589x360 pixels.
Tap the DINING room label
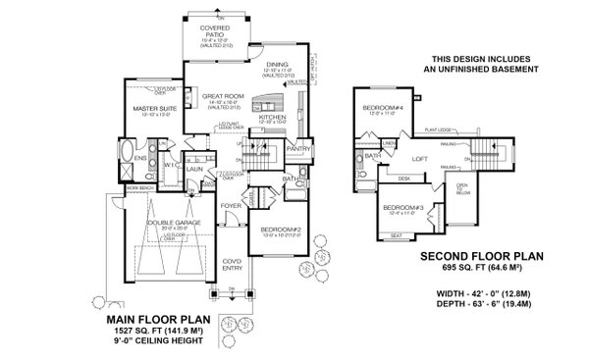(276, 64)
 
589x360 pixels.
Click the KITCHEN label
(272, 117)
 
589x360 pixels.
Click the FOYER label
(232, 206)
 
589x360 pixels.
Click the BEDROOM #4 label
(378, 106)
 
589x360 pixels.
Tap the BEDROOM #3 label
(402, 208)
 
